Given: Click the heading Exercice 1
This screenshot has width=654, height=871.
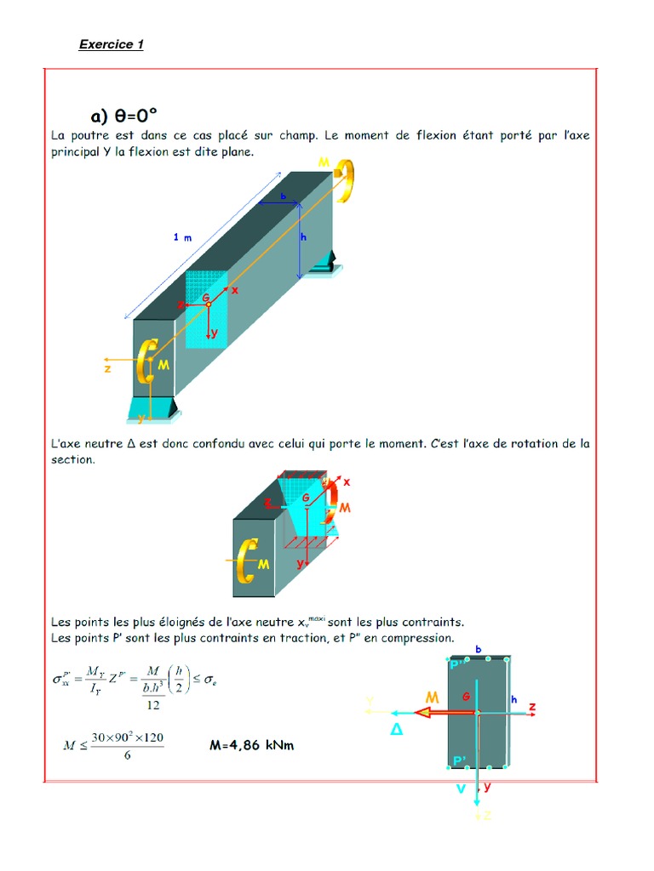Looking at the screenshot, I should click(111, 44).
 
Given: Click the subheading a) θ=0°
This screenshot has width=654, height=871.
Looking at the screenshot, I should click(124, 115).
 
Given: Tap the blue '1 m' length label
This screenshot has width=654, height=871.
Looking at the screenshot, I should click(182, 237).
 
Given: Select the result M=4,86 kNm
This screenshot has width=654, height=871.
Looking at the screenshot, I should click(251, 746).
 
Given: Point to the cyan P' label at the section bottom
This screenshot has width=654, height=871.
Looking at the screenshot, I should click(459, 760).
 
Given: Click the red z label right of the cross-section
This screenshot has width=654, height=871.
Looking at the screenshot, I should click(531, 707).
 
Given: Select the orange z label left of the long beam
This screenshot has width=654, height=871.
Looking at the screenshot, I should click(108, 369).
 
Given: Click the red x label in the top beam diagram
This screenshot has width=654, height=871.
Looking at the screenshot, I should click(235, 290).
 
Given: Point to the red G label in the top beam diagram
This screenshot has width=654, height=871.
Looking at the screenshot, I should click(206, 296).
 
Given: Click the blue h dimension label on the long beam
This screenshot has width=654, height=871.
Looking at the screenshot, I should click(303, 237).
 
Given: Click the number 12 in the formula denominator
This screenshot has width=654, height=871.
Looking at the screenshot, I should click(152, 704).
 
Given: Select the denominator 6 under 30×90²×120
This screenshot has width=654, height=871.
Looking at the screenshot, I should click(127, 756).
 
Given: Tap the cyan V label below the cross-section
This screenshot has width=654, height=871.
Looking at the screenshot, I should click(461, 788).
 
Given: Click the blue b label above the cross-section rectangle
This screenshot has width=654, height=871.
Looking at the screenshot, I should click(479, 649).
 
